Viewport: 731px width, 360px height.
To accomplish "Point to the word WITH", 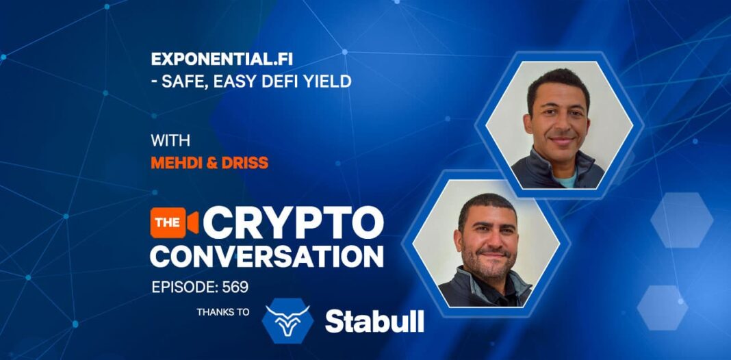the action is pos(170,140).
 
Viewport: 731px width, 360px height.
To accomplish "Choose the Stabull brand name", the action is pos(374,321).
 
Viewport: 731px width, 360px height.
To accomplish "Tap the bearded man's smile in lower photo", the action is pos(491,255).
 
